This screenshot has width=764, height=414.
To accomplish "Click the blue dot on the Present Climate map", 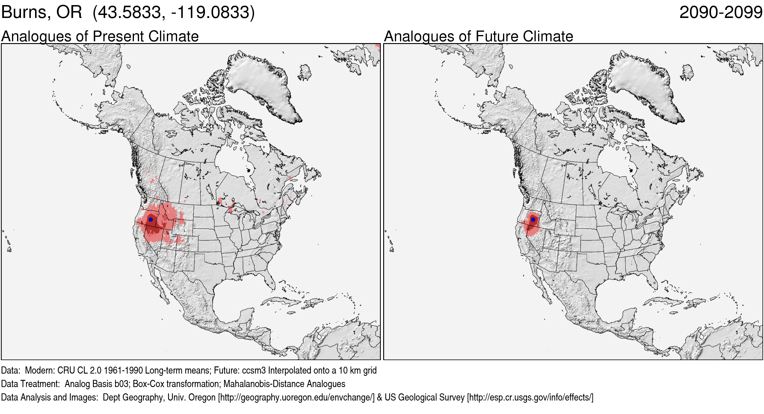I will click(151, 219).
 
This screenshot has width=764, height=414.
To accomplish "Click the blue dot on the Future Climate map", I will click(533, 219).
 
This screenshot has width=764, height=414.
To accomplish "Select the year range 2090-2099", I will click(721, 12).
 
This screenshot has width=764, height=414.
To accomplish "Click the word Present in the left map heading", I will click(118, 37).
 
